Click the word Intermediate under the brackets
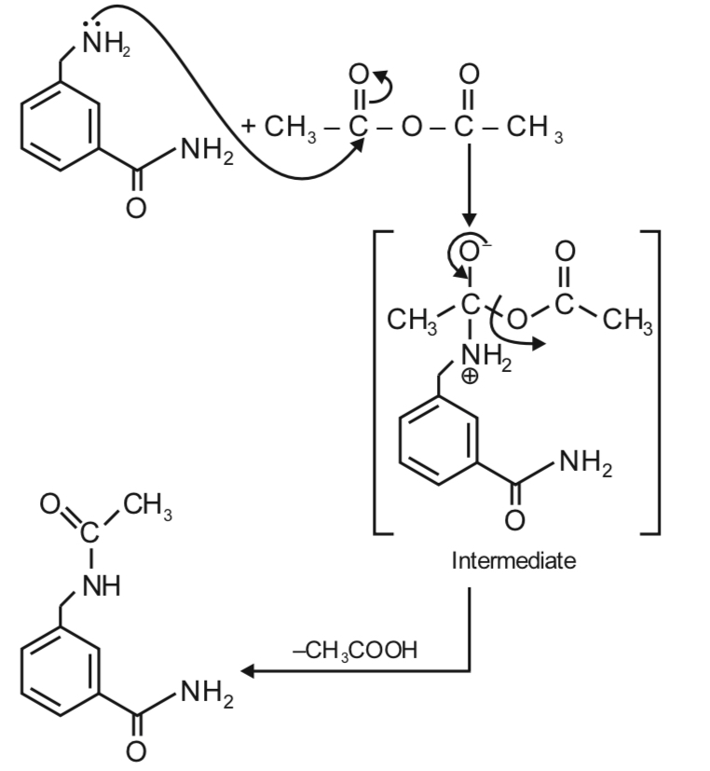click(513, 562)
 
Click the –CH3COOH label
click(354, 650)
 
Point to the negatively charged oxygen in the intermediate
click(471, 251)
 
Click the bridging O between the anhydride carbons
click(410, 128)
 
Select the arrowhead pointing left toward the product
click(248, 670)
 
